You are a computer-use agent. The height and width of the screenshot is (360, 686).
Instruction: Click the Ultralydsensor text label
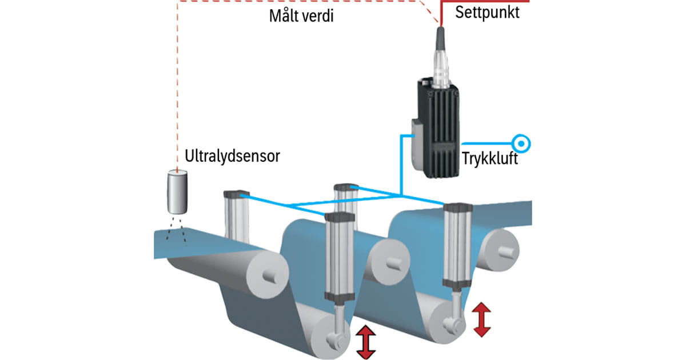pos(233,156)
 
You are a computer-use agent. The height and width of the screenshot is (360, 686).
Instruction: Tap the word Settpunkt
pos(488,13)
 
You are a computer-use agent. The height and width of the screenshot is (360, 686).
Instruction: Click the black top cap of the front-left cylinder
pos(339,216)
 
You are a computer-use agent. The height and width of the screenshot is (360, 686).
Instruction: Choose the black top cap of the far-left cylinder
pos(234,194)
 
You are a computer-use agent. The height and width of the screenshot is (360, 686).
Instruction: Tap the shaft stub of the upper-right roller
pos(506,249)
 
